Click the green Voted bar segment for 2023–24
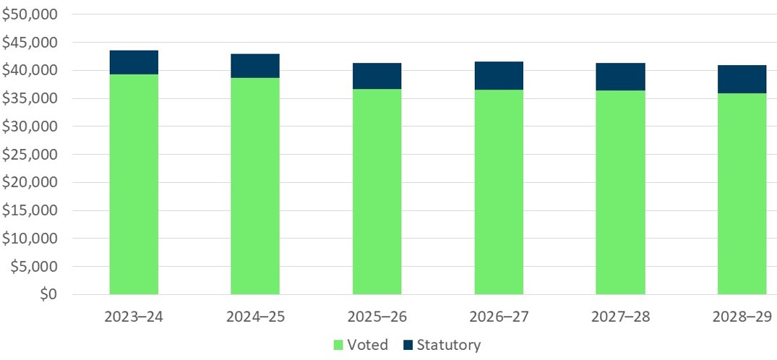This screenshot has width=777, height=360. click(134, 184)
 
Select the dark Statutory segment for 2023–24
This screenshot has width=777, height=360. click(134, 62)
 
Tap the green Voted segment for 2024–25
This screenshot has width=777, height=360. click(255, 186)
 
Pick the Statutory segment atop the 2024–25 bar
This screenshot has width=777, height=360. click(255, 66)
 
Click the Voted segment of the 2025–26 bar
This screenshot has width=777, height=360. click(377, 192)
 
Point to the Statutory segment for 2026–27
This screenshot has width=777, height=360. click(499, 75)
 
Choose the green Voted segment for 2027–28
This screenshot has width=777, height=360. click(620, 192)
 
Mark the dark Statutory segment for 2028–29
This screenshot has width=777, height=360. click(742, 79)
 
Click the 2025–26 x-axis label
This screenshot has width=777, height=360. click(377, 317)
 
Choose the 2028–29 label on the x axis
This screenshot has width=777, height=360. click(742, 317)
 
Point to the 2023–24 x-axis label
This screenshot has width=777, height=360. click(134, 317)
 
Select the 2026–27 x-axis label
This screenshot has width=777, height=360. click(499, 317)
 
